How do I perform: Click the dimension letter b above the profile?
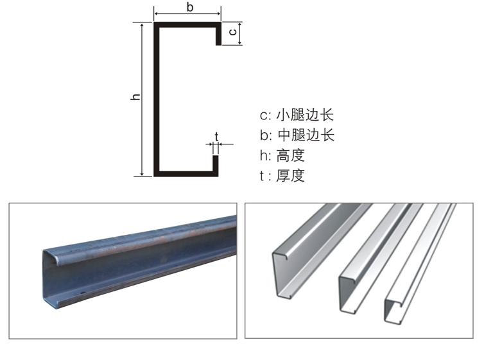pyautogui.click(x=190, y=7)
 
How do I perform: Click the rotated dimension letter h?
pyautogui.click(x=135, y=96)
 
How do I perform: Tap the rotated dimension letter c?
pyautogui.click(x=233, y=32)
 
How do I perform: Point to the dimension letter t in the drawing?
pyautogui.click(x=217, y=136)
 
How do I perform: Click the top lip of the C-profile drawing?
pyautogui.click(x=218, y=36)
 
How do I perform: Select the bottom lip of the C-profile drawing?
pyautogui.click(x=216, y=163)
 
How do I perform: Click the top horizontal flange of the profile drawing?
pyautogui.click(x=187, y=24)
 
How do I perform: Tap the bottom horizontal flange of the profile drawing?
pyautogui.click(x=186, y=174)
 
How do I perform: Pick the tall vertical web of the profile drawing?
pyautogui.click(x=157, y=99)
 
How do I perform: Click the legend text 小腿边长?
pyautogui.click(x=305, y=115)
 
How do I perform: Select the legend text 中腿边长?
pyautogui.click(x=306, y=135)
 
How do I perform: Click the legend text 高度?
pyautogui.click(x=290, y=155)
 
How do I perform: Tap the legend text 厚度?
pyautogui.click(x=290, y=176)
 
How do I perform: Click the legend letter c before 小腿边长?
pyautogui.click(x=264, y=116)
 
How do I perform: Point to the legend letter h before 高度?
pyautogui.click(x=264, y=155)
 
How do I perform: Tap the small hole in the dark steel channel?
pyautogui.click(x=82, y=293)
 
